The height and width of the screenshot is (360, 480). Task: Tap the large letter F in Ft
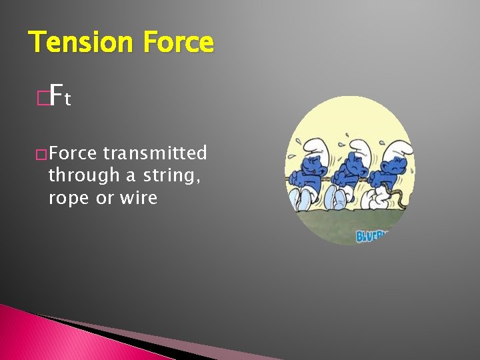tap(56, 97)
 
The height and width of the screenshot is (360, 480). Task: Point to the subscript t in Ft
tap(68, 101)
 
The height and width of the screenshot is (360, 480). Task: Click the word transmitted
tap(155, 153)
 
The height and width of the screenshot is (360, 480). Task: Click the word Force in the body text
tap(73, 153)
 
